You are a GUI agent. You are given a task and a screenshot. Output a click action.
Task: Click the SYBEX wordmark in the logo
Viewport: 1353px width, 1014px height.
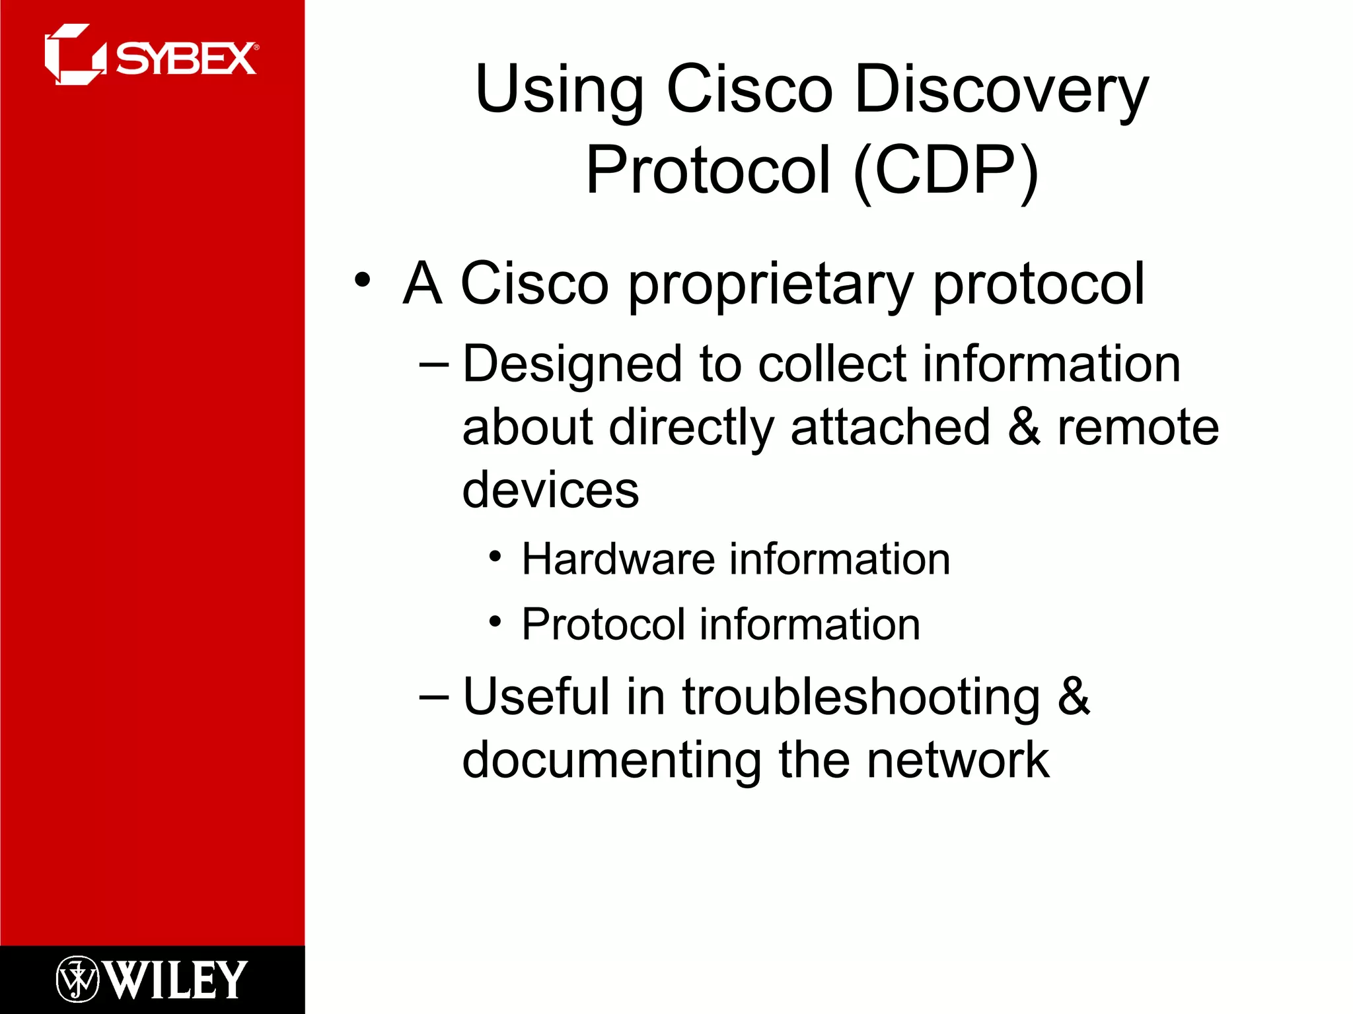pyautogui.click(x=186, y=59)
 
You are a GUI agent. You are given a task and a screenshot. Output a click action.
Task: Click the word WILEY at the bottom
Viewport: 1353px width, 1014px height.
pyautogui.click(x=176, y=980)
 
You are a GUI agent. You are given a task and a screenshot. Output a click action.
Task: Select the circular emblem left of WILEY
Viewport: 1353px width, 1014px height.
pyautogui.click(x=77, y=979)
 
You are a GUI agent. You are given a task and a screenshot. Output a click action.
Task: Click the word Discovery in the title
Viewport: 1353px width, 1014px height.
pyautogui.click(x=1001, y=90)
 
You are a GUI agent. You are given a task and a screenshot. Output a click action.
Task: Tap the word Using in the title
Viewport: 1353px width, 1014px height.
pyautogui.click(x=559, y=90)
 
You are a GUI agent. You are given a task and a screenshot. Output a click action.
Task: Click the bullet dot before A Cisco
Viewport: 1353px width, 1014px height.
pyautogui.click(x=362, y=280)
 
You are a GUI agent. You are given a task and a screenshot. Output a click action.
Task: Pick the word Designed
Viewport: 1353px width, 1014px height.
pyautogui.click(x=572, y=364)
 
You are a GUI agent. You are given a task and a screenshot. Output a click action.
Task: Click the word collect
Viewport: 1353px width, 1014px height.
pyautogui.click(x=832, y=364)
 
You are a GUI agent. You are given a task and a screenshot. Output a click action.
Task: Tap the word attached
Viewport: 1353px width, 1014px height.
pyautogui.click(x=890, y=427)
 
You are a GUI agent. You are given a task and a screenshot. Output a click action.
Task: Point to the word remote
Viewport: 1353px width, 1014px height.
pyautogui.click(x=1138, y=427)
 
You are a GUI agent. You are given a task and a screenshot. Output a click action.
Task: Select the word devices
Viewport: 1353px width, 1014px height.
pyautogui.click(x=550, y=490)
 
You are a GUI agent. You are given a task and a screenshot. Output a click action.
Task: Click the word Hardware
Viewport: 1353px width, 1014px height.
pyautogui.click(x=618, y=559)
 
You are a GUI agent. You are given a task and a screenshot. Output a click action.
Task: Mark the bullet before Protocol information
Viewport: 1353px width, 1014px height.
pyautogui.click(x=495, y=621)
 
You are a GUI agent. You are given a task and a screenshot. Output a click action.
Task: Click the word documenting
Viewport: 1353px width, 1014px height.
pyautogui.click(x=611, y=760)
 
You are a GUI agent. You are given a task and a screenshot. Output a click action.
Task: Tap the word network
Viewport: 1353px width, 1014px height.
pyautogui.click(x=957, y=760)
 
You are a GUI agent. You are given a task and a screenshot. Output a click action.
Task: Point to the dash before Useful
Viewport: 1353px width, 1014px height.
pyautogui.click(x=434, y=697)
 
